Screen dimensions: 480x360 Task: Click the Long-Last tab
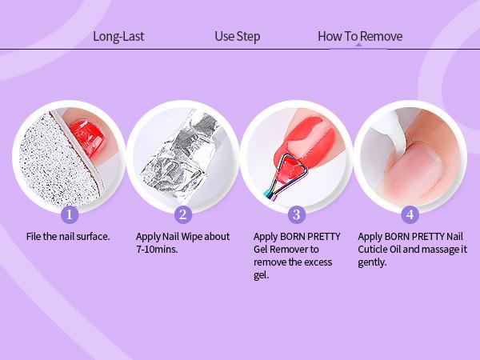[118, 37]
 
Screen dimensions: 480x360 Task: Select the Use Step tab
[238, 37]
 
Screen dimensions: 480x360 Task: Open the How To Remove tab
[360, 37]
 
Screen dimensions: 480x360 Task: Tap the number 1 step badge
[70, 214]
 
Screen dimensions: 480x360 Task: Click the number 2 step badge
[183, 214]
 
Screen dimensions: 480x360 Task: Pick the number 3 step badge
[297, 214]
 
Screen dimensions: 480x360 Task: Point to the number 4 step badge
[410, 214]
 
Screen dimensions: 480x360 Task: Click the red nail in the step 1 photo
[88, 138]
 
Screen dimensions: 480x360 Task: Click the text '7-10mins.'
[157, 249]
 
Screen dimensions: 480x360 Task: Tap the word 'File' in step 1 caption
[34, 236]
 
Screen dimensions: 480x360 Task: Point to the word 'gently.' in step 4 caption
[372, 262]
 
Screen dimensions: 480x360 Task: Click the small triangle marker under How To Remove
[358, 45]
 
